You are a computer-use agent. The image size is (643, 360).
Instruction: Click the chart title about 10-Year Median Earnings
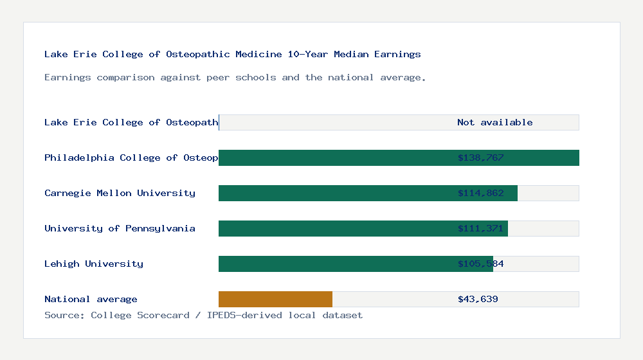232,54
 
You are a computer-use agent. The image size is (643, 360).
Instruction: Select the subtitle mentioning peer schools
235,77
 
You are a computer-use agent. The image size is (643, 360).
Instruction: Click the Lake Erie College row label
131,122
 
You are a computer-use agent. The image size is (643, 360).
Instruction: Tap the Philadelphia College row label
131,157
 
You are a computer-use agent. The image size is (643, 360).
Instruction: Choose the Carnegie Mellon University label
120,193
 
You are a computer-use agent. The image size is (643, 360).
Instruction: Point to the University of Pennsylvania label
120,228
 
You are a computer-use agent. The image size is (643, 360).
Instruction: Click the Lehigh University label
94,264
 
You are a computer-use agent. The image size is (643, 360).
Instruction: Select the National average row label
91,299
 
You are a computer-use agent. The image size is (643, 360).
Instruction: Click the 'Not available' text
494,122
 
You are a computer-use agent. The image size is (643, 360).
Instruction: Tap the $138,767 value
480,157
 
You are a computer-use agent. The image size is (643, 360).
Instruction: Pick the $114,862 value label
480,193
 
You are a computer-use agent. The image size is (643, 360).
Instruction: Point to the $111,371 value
480,228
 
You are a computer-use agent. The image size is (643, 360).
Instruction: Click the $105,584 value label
480,264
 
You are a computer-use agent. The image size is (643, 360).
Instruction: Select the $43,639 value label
478,299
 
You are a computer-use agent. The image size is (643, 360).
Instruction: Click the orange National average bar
275,299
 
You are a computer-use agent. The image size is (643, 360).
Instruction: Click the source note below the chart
203,315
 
